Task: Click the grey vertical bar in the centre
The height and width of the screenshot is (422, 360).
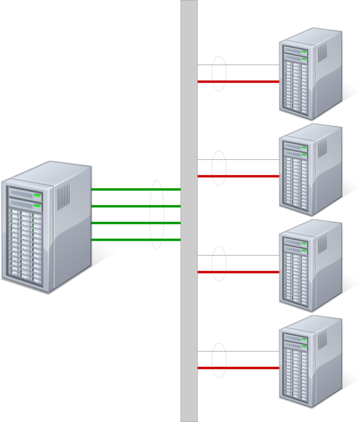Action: (x=189, y=304)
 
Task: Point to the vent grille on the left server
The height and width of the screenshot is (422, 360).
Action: (x=64, y=196)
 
